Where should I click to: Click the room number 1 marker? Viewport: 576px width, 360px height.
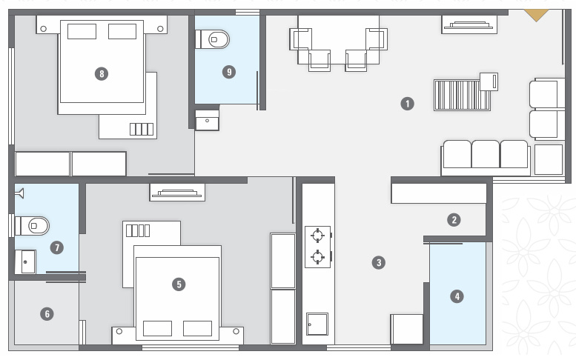coord(406,104)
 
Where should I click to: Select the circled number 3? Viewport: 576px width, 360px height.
coord(379,261)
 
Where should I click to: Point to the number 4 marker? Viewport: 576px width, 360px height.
coord(457,296)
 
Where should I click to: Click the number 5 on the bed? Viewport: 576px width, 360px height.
coord(177,284)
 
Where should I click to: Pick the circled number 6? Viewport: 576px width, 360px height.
coord(47,314)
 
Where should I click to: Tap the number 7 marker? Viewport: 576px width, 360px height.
coord(57,247)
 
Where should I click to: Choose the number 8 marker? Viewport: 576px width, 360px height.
coord(102,73)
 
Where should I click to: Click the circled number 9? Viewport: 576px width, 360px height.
coord(229,72)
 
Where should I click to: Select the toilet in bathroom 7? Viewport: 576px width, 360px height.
coord(33,224)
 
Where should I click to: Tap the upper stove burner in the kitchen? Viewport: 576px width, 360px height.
coord(318,236)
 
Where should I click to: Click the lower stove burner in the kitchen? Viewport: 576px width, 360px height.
coord(318,257)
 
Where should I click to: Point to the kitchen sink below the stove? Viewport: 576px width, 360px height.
coord(317,324)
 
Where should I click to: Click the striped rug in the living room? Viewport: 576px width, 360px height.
coord(462,95)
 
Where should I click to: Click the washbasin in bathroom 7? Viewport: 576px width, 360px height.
coord(26,261)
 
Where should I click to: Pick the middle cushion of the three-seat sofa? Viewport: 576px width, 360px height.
coord(486,154)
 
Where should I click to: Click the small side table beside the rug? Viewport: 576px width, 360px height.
coord(489,81)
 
